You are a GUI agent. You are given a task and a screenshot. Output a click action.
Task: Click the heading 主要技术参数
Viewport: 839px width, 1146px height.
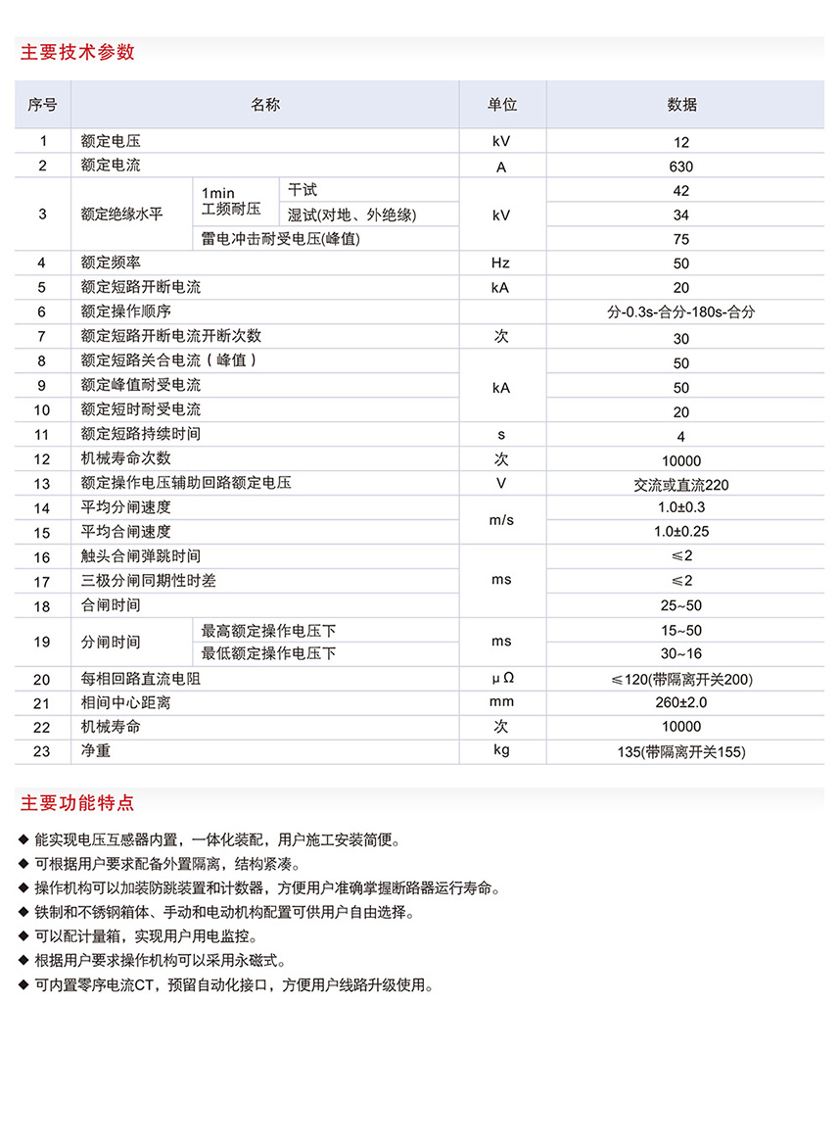coord(77,52)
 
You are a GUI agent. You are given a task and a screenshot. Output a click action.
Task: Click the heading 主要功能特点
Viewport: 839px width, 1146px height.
coord(77,803)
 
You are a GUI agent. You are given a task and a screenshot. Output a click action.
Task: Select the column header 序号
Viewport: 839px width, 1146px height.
coord(42,105)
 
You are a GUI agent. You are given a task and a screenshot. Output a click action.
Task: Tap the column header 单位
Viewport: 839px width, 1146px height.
coord(502,105)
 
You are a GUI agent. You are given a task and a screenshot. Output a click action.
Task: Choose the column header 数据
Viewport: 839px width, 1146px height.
coord(681,105)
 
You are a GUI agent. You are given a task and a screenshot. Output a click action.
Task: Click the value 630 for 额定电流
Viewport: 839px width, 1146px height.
coord(681,167)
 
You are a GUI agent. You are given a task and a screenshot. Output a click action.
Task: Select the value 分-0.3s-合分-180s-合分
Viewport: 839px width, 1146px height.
coord(681,312)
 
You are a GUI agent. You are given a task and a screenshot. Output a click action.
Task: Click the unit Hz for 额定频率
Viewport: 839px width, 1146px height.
coord(501,263)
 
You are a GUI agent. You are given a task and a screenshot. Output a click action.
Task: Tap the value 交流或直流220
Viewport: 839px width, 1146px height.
coord(681,485)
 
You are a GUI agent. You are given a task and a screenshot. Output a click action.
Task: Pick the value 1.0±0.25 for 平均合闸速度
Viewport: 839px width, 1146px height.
coord(681,532)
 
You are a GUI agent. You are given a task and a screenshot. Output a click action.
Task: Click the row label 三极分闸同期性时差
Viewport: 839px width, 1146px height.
coord(149,581)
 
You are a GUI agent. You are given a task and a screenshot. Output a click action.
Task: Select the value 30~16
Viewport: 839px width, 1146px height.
coord(681,653)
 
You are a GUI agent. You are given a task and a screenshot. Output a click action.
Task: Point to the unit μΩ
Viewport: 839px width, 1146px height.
coord(501,679)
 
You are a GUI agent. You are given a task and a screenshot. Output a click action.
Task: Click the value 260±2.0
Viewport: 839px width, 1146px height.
coord(681,702)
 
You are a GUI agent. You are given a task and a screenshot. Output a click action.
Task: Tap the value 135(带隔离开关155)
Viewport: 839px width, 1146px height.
coord(681,751)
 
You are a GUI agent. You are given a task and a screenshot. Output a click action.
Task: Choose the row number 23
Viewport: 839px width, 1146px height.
coord(42,751)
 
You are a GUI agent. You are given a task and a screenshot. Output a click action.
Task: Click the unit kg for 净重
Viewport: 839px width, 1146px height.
coord(501,751)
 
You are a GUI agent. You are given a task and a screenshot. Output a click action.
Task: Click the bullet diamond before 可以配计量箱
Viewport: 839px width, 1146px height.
coord(23,936)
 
